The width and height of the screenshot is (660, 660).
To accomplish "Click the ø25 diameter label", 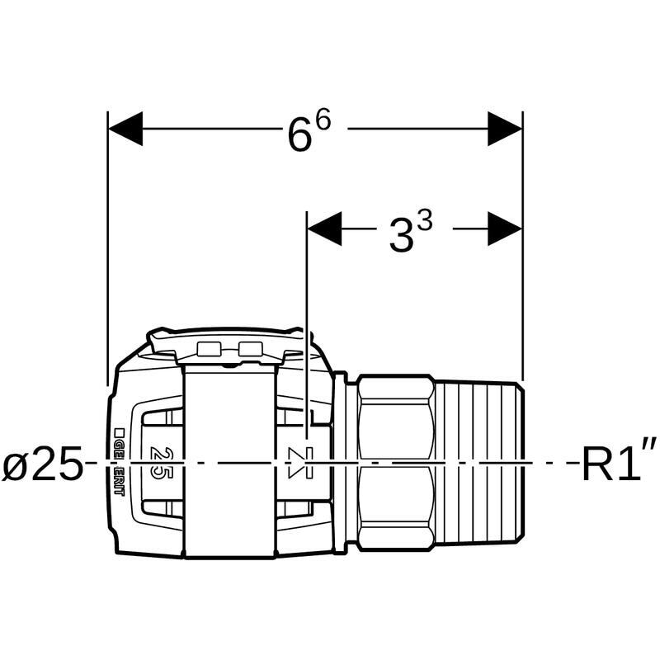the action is click(42, 463).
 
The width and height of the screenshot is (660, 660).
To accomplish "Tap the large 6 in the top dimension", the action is click(300, 134).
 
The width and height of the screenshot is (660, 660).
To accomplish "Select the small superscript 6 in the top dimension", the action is click(323, 120).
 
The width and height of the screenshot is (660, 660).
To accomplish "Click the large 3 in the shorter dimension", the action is click(401, 237).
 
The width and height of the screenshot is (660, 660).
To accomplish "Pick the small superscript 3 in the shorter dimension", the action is click(425, 221).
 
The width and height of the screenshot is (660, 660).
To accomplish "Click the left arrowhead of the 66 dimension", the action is click(125, 129).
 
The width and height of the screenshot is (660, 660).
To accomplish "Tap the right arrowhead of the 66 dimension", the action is click(505, 129).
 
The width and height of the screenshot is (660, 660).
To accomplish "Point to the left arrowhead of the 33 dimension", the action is click(324, 229).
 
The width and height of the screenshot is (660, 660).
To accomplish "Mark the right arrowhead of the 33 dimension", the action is click(505, 229).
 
